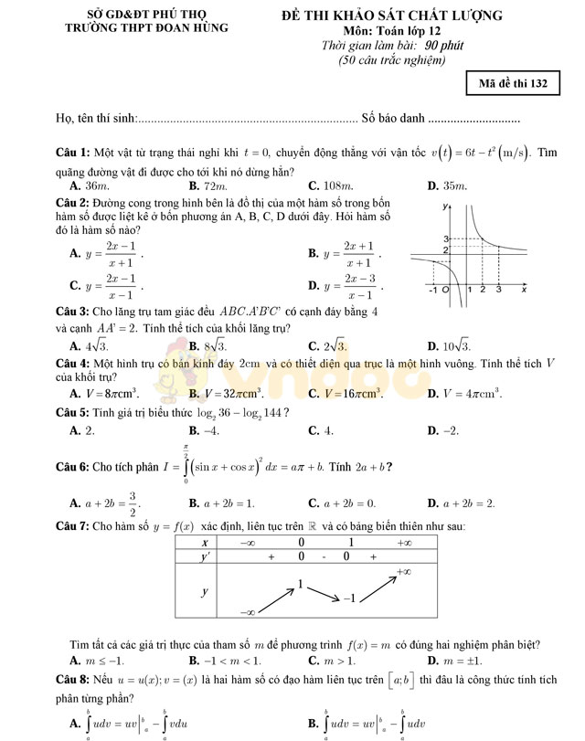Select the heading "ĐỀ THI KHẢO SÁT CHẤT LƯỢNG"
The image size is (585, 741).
[392, 16]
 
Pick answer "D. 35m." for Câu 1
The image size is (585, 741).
[447, 185]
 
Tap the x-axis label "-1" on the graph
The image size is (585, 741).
[432, 290]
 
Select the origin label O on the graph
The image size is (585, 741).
[445, 290]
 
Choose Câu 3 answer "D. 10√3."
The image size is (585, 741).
[449, 345]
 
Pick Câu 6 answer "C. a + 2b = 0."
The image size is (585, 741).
[342, 503]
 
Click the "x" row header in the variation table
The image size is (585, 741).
[205, 542]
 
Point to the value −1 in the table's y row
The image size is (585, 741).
[347, 598]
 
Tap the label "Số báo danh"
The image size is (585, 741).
[393, 118]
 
